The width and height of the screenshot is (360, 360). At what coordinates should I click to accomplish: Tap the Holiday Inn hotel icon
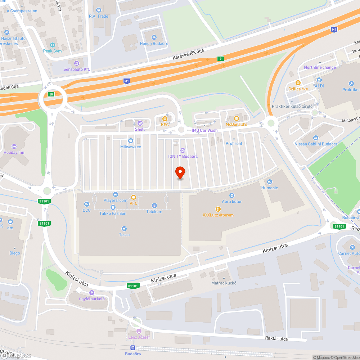point(14,146)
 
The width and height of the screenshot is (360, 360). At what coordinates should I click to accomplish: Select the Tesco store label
point(124,235)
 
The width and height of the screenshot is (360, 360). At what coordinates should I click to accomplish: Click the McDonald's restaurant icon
point(237,118)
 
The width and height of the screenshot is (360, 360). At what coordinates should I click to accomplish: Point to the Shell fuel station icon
point(140,123)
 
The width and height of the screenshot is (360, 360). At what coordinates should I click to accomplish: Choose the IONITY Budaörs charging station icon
point(183,150)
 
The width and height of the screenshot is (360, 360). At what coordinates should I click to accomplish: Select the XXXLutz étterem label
point(218,215)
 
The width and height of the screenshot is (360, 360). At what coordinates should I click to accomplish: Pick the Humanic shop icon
point(270,182)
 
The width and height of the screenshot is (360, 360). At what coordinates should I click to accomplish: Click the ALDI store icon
point(319,80)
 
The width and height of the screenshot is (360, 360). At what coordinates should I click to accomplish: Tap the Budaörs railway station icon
point(133,348)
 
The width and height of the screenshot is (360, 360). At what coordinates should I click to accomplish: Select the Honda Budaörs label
point(154,44)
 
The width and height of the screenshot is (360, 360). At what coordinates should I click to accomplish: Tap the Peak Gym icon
point(53,45)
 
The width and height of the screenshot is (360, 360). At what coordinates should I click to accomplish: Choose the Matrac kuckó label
point(224,283)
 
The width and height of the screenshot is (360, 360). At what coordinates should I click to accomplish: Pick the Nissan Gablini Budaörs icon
point(315,138)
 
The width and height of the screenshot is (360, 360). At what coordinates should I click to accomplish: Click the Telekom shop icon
point(154,206)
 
